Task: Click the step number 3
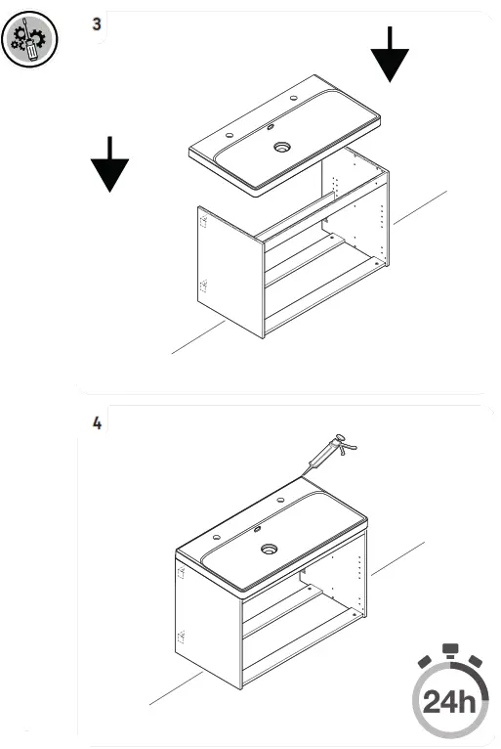coord(96,24)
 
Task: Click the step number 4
coord(96,423)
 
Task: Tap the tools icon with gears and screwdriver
coord(29,40)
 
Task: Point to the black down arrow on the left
coord(109,164)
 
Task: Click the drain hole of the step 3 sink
coord(282,148)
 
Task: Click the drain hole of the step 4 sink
coord(267,549)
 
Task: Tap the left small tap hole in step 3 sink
coord(230,135)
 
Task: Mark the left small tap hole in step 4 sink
coord(215,537)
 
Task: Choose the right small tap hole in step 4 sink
coord(281,501)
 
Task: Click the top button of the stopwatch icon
coord(448,648)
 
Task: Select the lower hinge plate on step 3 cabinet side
coord(204,286)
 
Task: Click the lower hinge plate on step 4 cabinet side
coord(181,638)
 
